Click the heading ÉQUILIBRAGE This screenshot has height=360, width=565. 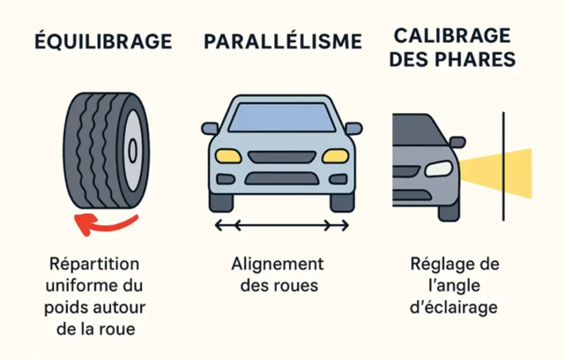tap(103, 41)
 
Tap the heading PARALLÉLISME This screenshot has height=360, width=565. tap(282, 41)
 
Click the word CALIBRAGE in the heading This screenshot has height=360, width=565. tap(452, 35)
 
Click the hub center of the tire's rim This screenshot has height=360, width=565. tap(132, 150)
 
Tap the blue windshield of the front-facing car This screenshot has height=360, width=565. tap(282, 117)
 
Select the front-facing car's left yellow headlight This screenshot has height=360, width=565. tap(228, 156)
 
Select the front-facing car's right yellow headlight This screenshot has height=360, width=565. tap(335, 156)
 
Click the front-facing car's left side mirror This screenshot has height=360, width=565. tap(210, 129)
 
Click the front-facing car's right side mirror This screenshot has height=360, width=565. tap(354, 129)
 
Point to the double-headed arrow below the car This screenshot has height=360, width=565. tap(282, 225)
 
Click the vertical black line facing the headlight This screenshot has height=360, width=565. tap(503, 166)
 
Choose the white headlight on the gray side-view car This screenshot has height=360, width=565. tap(439, 168)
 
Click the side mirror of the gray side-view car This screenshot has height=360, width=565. tap(457, 142)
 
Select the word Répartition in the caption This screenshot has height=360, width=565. tap(94, 264)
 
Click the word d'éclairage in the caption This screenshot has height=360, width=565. tap(454, 307)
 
